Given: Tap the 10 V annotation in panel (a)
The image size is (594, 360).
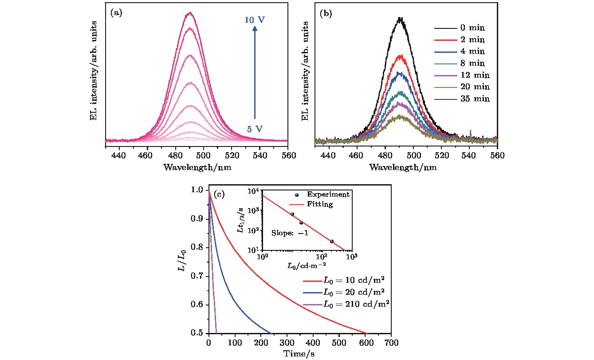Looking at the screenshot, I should (255, 20).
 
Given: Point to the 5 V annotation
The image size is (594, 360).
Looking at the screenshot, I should (255, 129).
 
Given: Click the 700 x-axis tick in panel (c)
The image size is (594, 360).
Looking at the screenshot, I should (391, 343).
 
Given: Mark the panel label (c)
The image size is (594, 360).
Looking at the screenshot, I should (220, 194).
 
